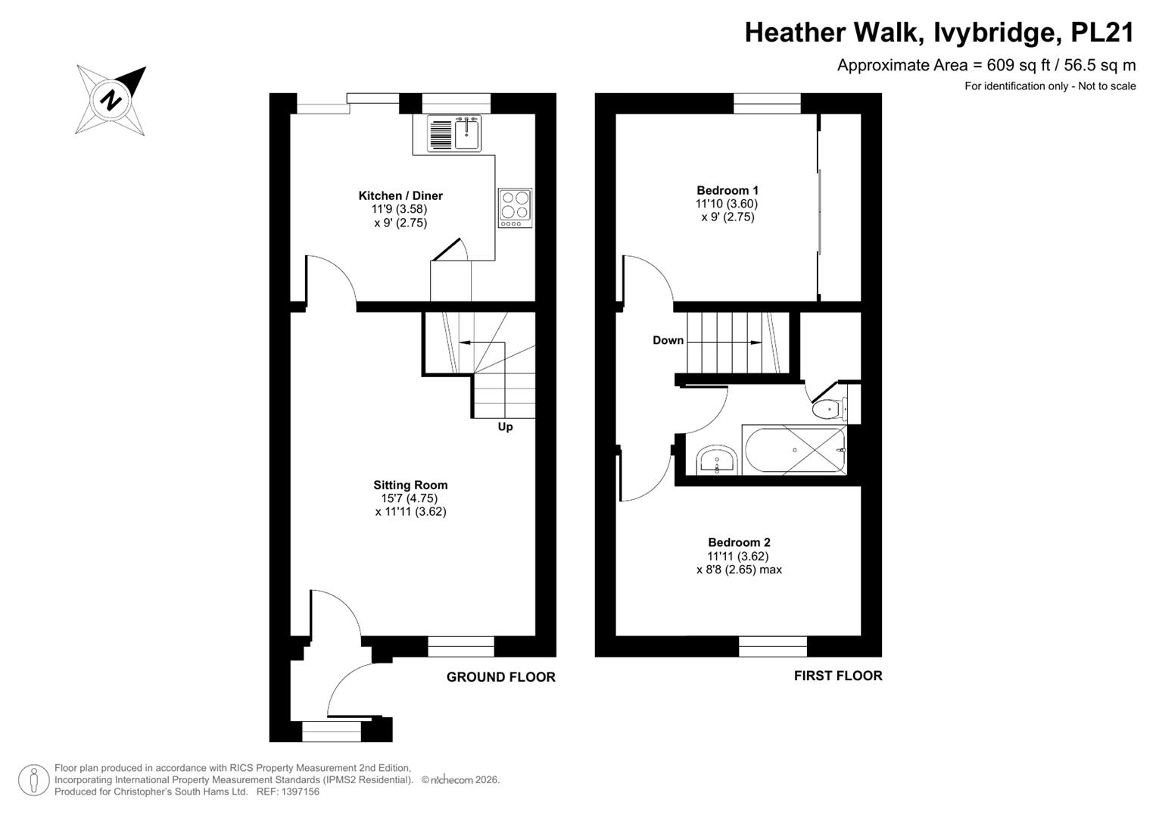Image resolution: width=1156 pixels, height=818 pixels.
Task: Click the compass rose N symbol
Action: point(111,100)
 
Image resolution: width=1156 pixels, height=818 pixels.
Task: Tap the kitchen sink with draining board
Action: point(454,133)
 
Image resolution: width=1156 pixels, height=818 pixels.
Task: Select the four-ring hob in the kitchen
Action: point(515,208)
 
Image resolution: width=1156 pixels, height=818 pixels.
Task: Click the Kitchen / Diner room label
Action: point(400,195)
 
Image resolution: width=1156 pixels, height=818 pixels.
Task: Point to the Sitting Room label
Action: point(410,485)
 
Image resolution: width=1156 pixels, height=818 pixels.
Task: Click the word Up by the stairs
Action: point(505,426)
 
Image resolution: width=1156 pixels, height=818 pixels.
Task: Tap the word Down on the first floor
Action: point(668,340)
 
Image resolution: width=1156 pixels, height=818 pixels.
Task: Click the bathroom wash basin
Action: point(717,461)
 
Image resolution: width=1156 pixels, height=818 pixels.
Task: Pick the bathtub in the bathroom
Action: point(795,449)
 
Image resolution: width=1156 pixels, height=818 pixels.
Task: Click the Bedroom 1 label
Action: point(728,190)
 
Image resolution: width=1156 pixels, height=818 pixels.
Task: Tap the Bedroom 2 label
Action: point(739,542)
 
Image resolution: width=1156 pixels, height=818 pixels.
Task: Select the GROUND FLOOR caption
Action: point(500,677)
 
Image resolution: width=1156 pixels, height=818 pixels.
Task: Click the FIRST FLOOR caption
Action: point(838,676)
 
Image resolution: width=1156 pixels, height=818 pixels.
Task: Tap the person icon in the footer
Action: point(34,780)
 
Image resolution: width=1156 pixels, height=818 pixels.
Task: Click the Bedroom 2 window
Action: point(772,646)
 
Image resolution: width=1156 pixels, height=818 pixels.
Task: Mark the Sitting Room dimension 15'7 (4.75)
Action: point(410,498)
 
